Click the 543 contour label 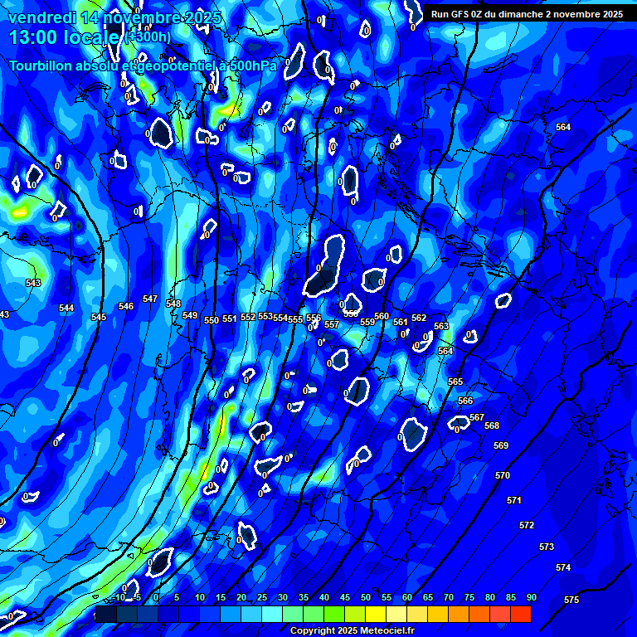click(33, 283)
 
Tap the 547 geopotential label click(150, 299)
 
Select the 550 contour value click(212, 320)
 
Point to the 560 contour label click(382, 316)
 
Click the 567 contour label click(477, 417)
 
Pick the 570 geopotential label click(503, 475)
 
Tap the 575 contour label click(571, 600)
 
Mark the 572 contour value click(527, 525)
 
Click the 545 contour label click(99, 317)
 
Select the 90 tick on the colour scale click(532, 597)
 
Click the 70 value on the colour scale click(449, 597)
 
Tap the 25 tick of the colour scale click(262, 597)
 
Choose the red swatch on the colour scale click(521, 614)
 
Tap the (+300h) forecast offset click(149, 37)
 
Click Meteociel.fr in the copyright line click(386, 631)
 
